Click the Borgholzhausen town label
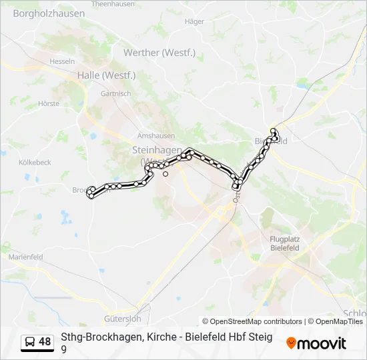(49, 13)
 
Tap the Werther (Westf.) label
(168, 53)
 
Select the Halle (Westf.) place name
(106, 75)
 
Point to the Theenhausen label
(109, 3)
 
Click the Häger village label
(194, 21)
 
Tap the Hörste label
(49, 103)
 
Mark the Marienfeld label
(25, 257)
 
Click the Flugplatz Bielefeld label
(284, 243)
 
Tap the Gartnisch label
(115, 94)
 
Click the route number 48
(45, 342)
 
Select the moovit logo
(316, 343)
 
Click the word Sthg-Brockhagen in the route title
(97, 337)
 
